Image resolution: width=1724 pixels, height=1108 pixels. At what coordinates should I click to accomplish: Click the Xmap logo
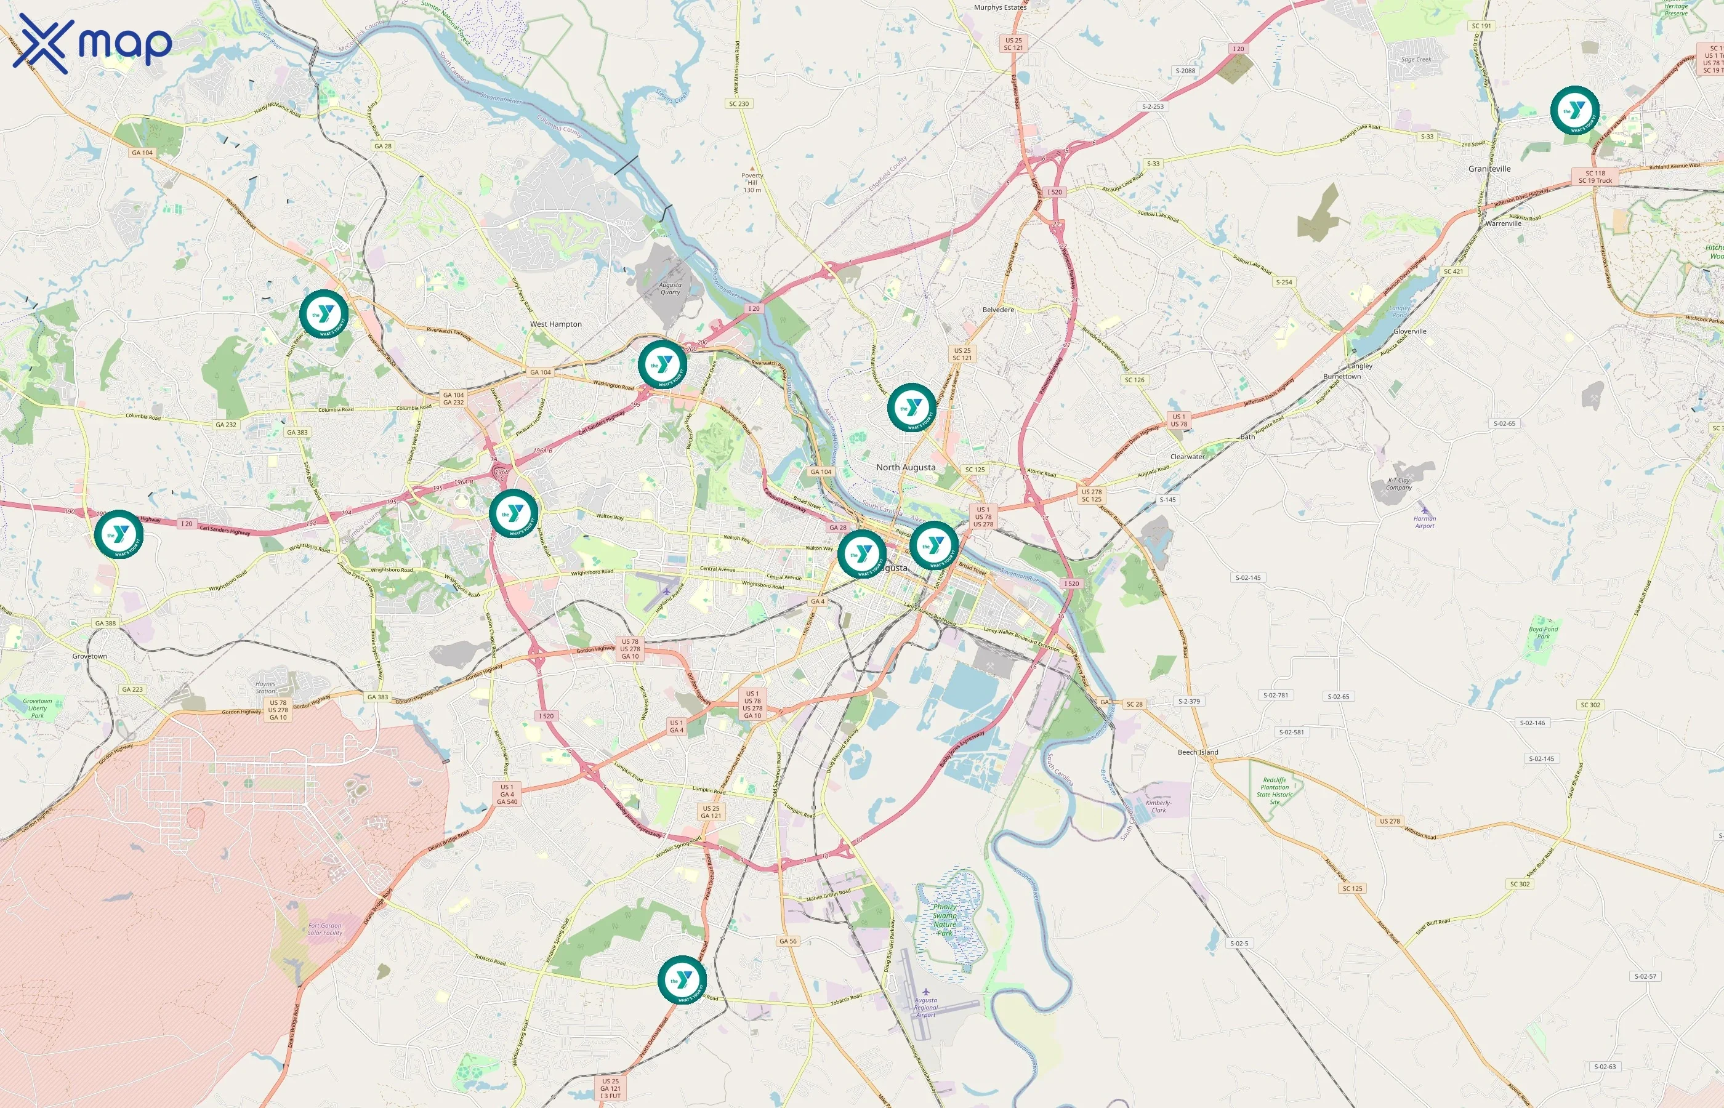92,44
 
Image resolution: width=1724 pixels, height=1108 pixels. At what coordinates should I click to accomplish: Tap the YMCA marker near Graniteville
1574,110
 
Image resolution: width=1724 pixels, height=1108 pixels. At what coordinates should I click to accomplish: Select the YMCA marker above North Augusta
912,407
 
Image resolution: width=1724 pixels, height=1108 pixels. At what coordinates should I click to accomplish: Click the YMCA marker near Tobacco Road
682,979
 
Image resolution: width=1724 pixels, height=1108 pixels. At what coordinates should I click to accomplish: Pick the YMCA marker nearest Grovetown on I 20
119,534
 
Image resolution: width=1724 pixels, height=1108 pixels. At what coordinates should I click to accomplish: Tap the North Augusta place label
906,468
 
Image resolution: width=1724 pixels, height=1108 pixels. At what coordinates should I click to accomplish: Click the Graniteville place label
1489,169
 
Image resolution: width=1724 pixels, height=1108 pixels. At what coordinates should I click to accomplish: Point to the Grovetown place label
90,656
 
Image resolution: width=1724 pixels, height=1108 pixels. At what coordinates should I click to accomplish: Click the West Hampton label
555,324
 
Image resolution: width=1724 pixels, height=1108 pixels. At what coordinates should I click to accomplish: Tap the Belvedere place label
998,310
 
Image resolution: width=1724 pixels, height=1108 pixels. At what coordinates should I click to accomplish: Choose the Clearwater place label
1187,457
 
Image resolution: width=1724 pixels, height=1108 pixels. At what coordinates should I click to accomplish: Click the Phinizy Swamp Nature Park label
945,920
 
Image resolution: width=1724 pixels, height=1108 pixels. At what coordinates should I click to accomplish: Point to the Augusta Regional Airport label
926,1007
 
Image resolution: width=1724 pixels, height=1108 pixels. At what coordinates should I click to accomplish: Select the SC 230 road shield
739,103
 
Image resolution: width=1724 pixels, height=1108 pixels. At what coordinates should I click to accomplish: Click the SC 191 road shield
1481,26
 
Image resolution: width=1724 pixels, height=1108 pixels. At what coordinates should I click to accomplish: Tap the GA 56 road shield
788,941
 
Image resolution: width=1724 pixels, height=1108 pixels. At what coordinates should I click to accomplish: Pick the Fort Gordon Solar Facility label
325,929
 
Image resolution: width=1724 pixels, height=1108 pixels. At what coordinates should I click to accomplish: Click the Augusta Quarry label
671,289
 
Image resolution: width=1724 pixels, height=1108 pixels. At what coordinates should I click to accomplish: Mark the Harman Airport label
1425,521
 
